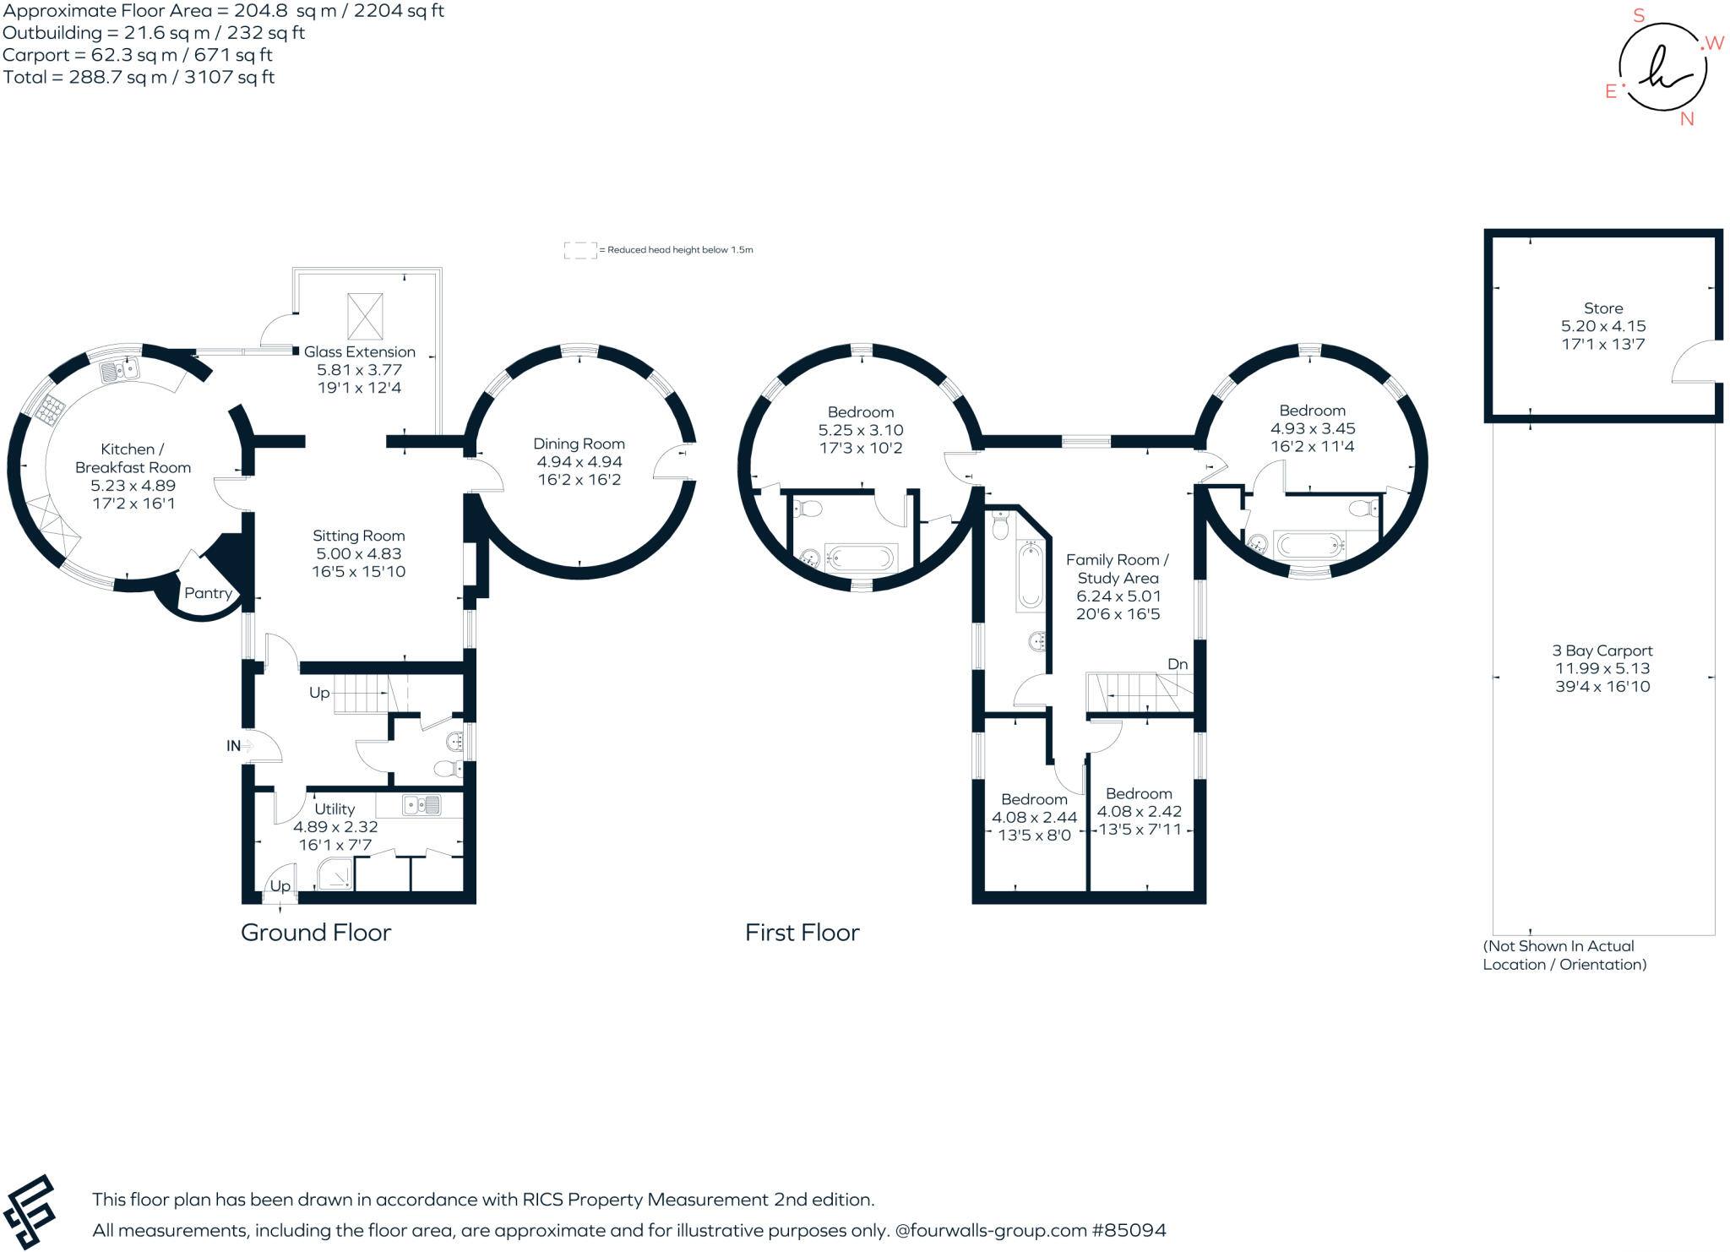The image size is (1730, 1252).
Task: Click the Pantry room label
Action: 208,593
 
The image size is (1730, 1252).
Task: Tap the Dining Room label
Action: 579,444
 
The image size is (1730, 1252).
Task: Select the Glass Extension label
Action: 359,351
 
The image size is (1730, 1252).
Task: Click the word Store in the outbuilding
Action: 1602,308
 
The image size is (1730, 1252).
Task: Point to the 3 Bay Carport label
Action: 1602,650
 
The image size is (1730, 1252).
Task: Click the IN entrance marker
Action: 234,746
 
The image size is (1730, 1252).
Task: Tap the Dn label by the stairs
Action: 1178,664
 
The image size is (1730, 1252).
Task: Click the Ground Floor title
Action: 316,933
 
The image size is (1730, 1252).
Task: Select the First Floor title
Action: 802,933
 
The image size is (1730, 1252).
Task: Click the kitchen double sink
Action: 121,370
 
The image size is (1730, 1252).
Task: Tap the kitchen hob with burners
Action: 50,410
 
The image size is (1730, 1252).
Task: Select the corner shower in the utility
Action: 335,875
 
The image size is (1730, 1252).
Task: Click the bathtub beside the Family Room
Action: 1030,576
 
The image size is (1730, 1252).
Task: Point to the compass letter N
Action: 1687,119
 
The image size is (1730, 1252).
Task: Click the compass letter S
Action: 1639,15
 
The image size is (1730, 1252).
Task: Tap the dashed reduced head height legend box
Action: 579,250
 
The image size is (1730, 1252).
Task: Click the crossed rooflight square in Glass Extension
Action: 365,316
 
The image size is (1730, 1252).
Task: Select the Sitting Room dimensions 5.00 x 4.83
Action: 359,553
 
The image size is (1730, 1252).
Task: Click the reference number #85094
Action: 1129,1230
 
